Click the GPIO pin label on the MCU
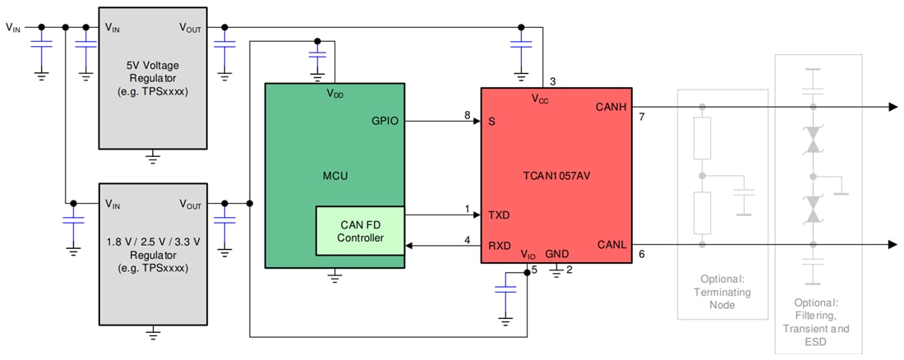385,121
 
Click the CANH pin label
611,108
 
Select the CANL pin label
611,244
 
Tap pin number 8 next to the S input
467,115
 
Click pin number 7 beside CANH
642,118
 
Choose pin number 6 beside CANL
642,255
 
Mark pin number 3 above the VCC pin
552,81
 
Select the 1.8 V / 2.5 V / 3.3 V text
152,243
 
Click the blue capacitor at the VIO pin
505,289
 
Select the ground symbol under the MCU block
334,278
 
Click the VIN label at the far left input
14,27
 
